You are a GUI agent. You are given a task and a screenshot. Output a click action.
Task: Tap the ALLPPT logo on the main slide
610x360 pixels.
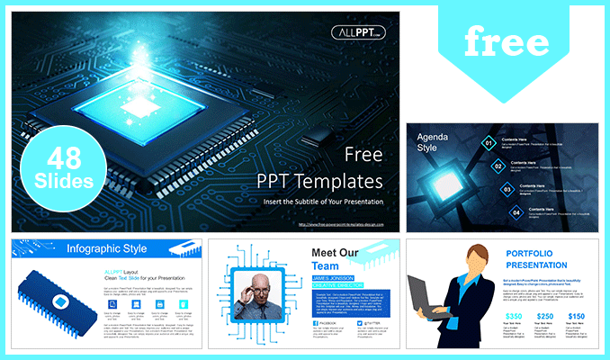point(358,32)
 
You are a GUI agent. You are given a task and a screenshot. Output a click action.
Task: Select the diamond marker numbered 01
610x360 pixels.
point(488,141)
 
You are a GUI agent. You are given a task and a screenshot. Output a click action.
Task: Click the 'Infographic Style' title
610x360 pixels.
point(109,248)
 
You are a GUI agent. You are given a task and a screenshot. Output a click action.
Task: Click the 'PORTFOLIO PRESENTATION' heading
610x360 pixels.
point(536,259)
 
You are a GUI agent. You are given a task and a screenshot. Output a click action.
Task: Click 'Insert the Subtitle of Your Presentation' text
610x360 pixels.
point(323,202)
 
